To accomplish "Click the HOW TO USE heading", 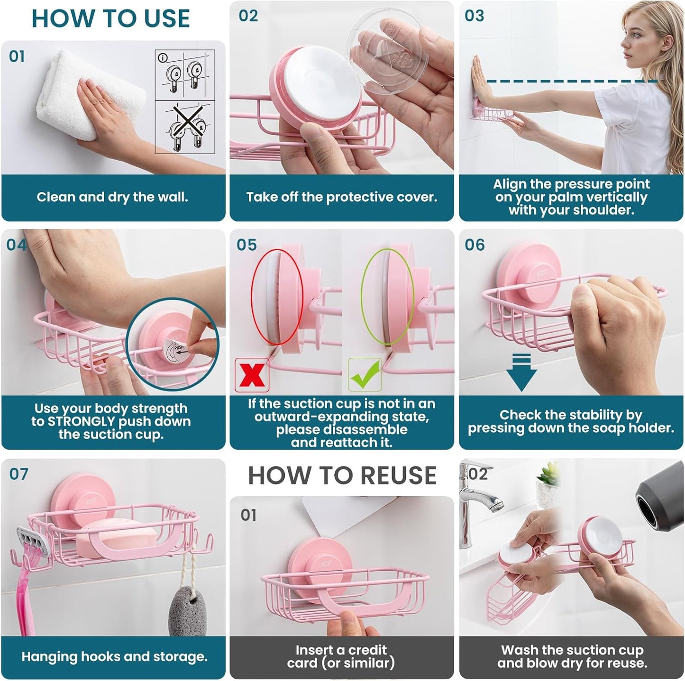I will (x=110, y=18).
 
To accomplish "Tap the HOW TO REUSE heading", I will (x=342, y=475).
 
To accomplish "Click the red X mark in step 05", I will (x=252, y=375).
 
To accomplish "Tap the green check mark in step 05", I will (x=365, y=374).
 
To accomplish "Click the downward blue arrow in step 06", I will (x=521, y=372).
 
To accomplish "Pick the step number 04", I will (x=17, y=245).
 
